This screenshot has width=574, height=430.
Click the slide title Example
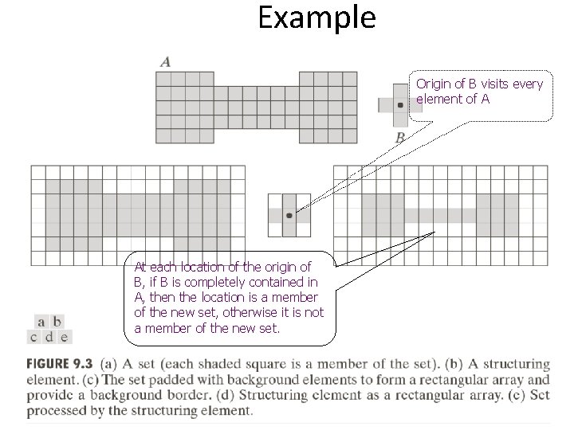(316, 18)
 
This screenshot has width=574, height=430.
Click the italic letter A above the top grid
(165, 61)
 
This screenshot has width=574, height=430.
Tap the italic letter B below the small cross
(400, 138)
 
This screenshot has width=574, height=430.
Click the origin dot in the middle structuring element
(289, 215)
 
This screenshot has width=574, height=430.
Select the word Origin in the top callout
(433, 84)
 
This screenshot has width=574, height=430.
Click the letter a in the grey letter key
(41, 322)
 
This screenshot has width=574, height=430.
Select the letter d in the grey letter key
(49, 336)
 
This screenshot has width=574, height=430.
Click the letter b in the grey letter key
(57, 322)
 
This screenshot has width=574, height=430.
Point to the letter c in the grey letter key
(34, 336)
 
